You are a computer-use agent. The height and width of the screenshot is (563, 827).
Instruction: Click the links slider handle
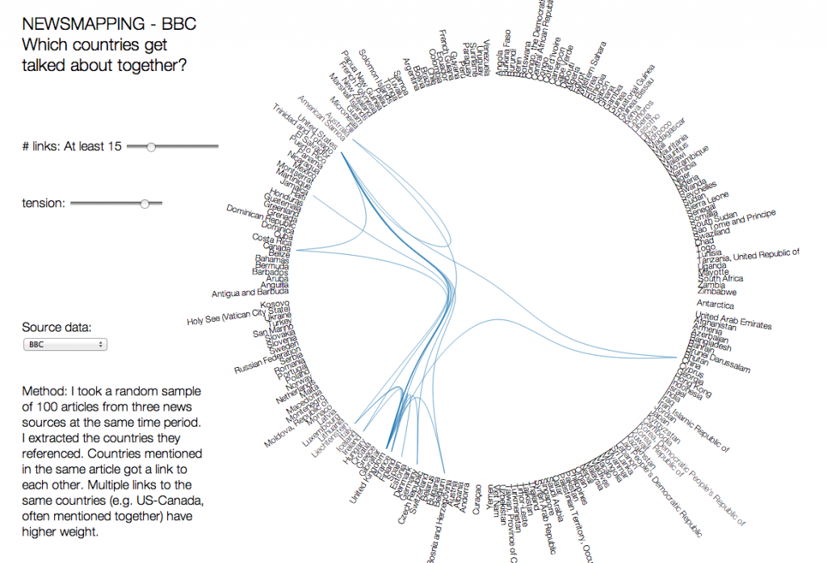click(150, 146)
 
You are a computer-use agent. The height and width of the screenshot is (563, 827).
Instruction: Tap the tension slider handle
click(145, 203)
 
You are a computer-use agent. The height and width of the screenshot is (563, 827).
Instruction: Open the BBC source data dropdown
click(65, 344)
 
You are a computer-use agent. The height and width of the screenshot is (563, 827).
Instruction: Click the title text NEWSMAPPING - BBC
click(109, 24)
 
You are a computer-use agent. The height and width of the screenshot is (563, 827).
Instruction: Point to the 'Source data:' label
click(57, 327)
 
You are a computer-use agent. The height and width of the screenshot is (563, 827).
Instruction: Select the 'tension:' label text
click(44, 203)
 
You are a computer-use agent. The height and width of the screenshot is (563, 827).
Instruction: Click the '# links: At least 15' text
click(72, 146)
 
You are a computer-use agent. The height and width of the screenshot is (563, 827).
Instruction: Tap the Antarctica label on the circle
click(716, 305)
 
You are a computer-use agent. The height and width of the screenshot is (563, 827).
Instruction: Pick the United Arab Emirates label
click(733, 320)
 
